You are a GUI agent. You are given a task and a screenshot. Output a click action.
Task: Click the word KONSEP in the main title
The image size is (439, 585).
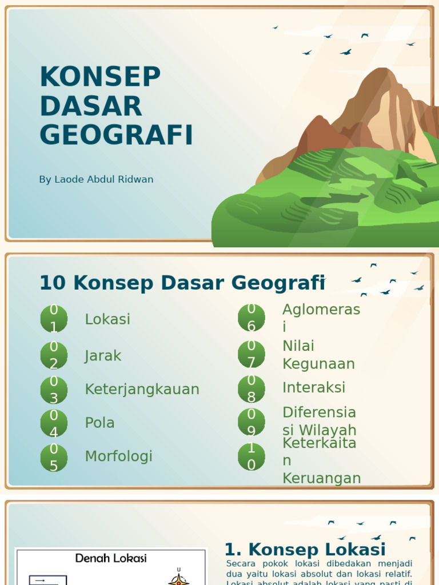[x=100, y=77]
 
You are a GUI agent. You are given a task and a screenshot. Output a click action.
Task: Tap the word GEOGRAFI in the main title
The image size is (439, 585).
[x=116, y=135]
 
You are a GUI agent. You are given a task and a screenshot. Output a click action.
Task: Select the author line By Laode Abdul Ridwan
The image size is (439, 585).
[x=96, y=179]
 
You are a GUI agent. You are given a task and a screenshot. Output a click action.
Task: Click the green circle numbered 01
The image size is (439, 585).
[x=54, y=319]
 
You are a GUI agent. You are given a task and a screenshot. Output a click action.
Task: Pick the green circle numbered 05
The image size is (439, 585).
[x=54, y=458]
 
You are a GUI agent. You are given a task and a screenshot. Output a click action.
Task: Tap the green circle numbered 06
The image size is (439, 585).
[x=252, y=318]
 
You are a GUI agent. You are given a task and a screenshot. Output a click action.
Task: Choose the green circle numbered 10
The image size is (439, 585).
[x=252, y=456]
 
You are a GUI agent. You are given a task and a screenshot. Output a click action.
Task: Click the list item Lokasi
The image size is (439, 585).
[x=107, y=319]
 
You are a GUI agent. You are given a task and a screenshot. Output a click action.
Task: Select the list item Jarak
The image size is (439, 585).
[x=103, y=356]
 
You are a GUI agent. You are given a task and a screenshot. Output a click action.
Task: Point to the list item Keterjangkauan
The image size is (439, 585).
[x=142, y=390]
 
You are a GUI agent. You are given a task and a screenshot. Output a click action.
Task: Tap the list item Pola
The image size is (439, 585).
[x=99, y=423]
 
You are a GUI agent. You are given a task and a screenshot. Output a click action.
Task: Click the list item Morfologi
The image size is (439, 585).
[x=118, y=456]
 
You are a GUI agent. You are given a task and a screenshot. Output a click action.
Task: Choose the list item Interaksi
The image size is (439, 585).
[x=314, y=387]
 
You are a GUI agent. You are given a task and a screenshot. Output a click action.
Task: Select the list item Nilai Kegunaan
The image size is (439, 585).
[x=318, y=355]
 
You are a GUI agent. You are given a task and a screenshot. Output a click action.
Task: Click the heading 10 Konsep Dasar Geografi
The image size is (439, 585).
[x=182, y=283]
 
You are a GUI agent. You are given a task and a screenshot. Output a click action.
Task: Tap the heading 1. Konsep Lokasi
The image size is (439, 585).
[x=305, y=550]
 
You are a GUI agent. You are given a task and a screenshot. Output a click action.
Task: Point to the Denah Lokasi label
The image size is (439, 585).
[x=111, y=558]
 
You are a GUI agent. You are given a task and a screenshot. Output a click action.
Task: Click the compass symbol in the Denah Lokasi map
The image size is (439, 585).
[x=179, y=578]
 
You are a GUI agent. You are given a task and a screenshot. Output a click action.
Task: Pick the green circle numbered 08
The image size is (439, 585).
[x=252, y=388]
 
